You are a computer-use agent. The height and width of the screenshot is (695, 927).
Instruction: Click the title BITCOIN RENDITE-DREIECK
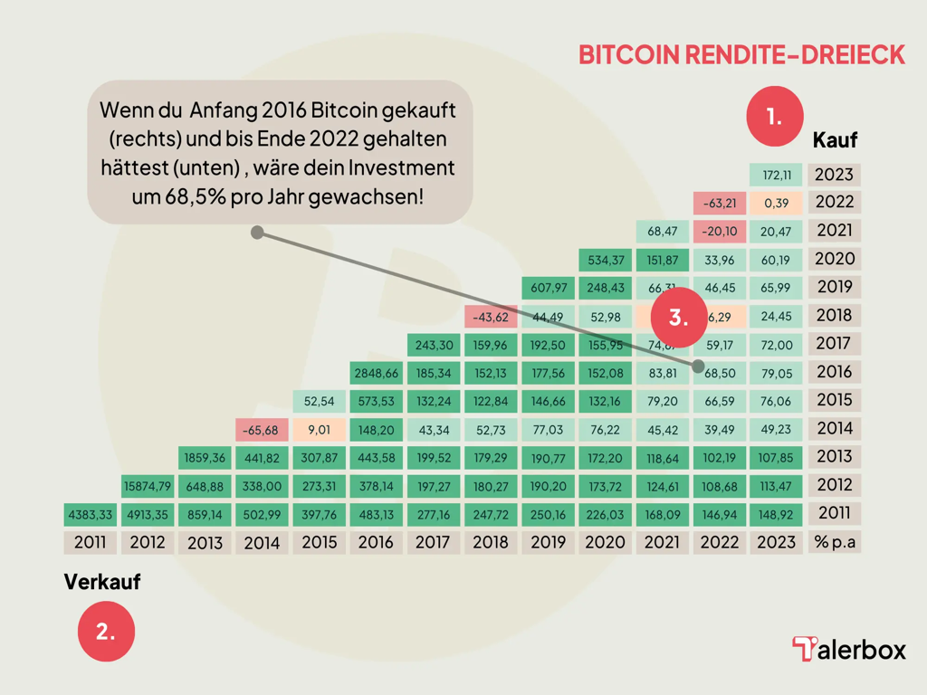(741, 54)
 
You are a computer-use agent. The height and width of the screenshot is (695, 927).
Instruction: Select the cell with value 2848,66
(377, 372)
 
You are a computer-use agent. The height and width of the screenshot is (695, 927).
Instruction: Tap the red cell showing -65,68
(263, 429)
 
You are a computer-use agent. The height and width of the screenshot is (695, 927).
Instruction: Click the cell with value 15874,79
(148, 486)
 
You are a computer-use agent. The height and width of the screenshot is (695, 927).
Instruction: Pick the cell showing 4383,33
(90, 514)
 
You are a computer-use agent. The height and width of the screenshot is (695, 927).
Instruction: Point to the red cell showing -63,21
(719, 203)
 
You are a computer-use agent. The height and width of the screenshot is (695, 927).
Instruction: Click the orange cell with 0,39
(777, 203)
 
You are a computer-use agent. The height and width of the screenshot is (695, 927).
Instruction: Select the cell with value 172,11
(777, 175)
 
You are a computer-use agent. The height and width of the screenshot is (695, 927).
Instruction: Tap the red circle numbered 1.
(775, 117)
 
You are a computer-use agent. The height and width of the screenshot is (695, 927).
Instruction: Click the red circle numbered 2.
(106, 632)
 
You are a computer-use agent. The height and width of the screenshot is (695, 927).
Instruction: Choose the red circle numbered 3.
(678, 318)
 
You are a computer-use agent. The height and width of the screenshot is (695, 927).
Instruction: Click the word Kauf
(835, 140)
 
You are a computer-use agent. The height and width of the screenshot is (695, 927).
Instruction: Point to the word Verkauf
(102, 582)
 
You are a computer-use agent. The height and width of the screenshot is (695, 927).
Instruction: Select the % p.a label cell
(835, 542)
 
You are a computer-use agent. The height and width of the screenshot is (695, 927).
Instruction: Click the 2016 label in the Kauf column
(834, 372)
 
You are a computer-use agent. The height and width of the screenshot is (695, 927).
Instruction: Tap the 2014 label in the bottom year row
(263, 543)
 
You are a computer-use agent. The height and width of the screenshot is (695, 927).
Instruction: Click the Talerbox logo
(848, 649)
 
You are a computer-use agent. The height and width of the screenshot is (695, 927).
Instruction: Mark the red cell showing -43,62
(492, 317)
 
